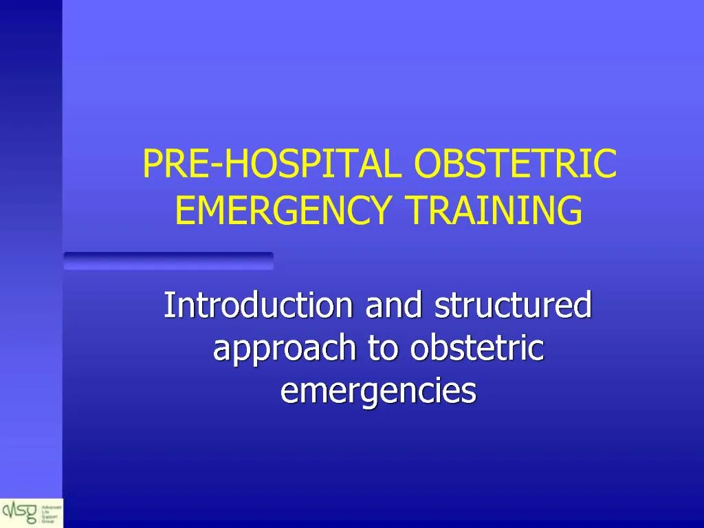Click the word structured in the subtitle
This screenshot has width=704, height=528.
[513, 306]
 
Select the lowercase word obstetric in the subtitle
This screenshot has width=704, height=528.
[476, 349]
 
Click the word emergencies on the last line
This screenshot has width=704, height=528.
[378, 391]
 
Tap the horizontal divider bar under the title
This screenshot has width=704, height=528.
[168, 261]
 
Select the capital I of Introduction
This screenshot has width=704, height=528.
[168, 306]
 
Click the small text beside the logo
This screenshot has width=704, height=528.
[54, 512]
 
